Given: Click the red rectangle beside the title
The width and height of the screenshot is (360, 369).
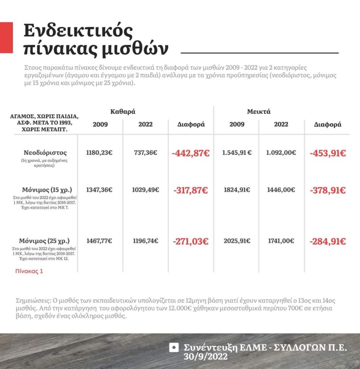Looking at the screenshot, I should tap(6, 38).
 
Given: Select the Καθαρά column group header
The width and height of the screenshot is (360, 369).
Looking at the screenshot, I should tap(123, 112).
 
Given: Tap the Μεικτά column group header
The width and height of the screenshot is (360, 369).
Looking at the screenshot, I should tap(259, 112).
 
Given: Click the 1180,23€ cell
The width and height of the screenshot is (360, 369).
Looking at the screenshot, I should tap(99, 153).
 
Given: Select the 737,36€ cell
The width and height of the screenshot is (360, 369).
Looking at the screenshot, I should tap(145, 153).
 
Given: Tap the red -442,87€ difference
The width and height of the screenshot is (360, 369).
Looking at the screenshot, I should tap(191, 153).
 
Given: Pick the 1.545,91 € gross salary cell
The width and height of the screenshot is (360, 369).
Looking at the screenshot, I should tap(237, 153).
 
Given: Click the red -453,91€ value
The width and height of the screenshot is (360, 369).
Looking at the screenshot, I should tap(328, 153).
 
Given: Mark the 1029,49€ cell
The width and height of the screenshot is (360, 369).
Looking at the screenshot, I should tap(145, 190).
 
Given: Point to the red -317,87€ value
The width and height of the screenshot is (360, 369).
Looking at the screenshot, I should tap(191, 190).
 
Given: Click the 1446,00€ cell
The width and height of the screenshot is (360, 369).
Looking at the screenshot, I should tap(281, 190).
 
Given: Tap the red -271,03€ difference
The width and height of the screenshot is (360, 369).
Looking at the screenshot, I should tap(191, 241).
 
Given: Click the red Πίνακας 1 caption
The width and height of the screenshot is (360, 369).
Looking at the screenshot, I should tap(29, 271).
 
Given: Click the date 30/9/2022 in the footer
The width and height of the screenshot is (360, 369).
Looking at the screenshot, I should tap(206, 357).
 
